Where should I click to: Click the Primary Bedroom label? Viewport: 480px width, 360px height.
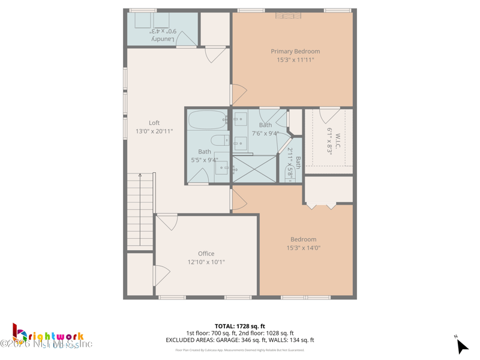pos(295,52)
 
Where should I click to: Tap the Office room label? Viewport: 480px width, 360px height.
pos(206,254)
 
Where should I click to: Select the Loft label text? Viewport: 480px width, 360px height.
pos(154,123)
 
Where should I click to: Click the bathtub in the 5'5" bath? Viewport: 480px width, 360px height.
pos(207,120)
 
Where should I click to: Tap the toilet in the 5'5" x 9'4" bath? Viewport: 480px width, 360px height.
pos(219,141)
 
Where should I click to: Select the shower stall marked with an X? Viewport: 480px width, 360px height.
pos(254,169)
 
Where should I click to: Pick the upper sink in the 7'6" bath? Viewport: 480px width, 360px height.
pos(240,118)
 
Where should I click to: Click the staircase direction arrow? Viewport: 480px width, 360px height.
pos(140,176)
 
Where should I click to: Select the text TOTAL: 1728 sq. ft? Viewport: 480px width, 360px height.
pos(239,326)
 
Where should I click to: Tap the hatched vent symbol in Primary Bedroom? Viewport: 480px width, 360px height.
pos(284,16)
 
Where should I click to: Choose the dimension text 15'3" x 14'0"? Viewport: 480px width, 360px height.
pos(303,248)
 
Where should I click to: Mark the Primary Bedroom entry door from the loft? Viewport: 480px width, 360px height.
pos(238,94)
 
